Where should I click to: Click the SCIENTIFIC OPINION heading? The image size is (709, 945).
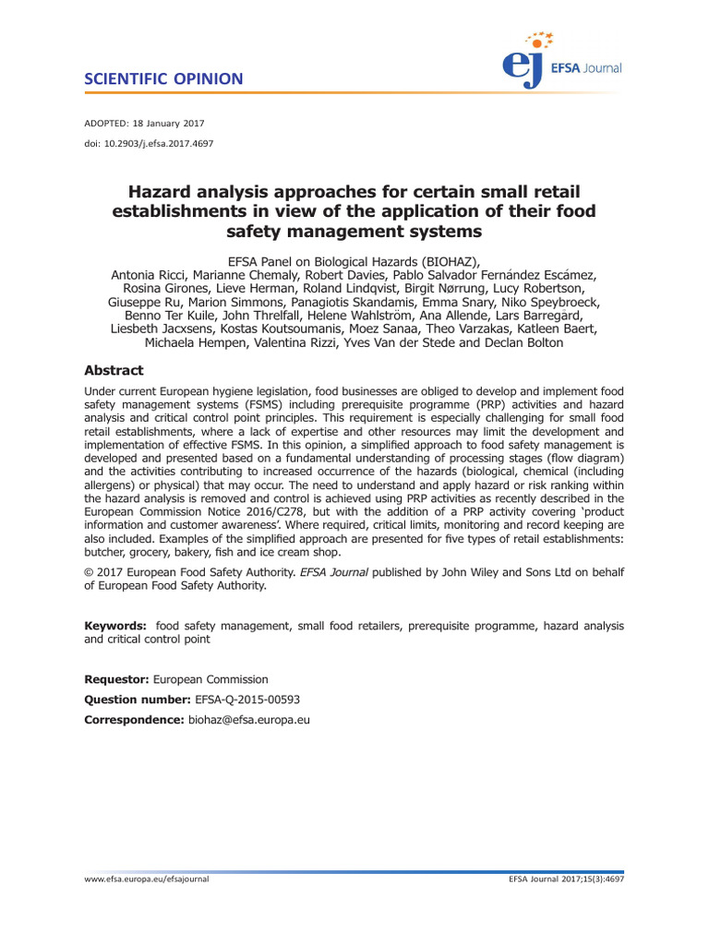[x=163, y=78]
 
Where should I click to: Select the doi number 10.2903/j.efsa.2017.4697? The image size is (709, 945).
[x=159, y=143]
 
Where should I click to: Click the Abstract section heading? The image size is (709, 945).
[x=114, y=370]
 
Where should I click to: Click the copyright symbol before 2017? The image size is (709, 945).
[x=89, y=572]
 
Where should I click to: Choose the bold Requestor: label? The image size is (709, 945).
[x=116, y=679]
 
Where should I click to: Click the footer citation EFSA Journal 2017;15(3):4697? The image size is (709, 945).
[x=566, y=879]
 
